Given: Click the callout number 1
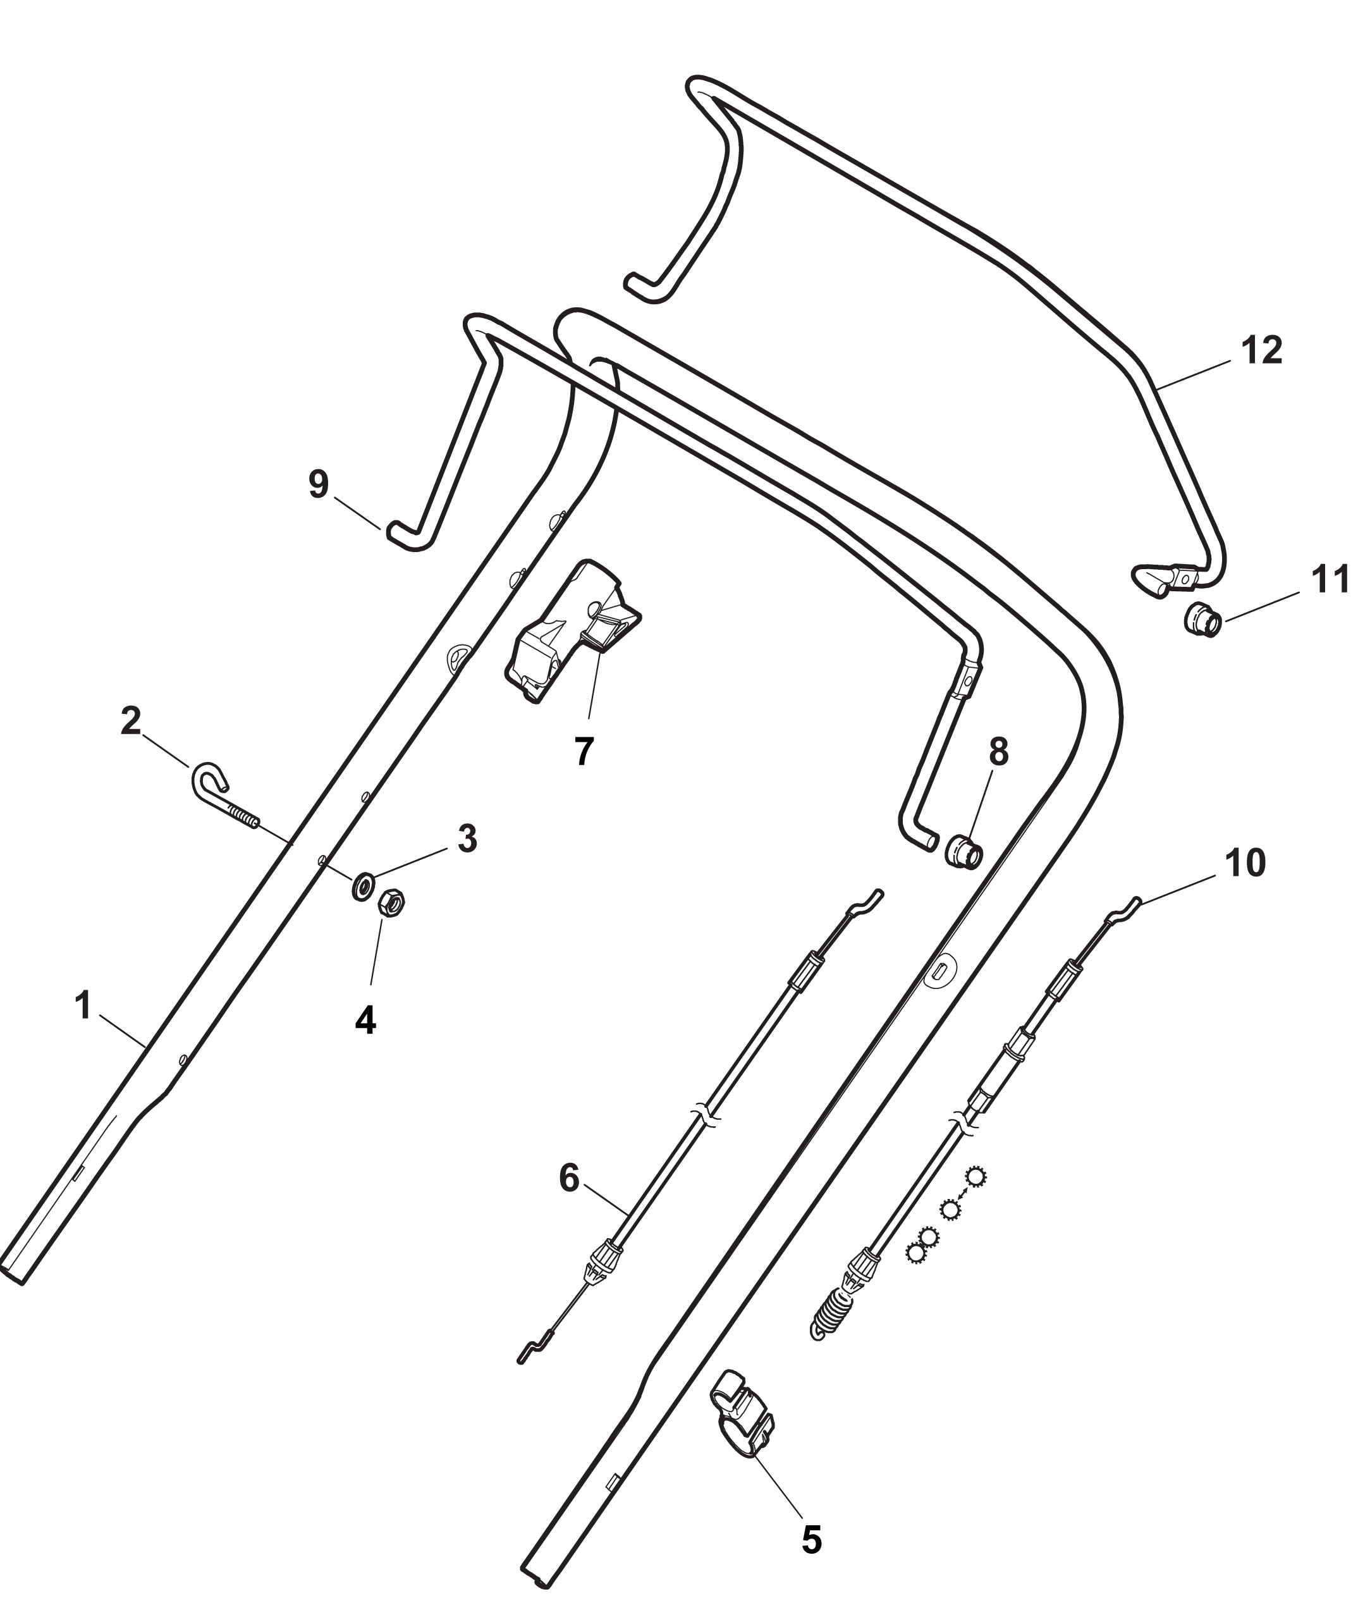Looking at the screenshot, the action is [x=83, y=1005].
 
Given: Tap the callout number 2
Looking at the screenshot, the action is [x=132, y=722].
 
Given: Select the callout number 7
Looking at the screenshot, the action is [x=584, y=751].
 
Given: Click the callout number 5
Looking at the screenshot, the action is [x=811, y=1518].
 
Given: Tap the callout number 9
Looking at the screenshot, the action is [x=318, y=484].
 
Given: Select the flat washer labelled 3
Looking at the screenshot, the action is [x=363, y=887].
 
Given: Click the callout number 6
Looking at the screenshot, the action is [x=568, y=1179].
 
